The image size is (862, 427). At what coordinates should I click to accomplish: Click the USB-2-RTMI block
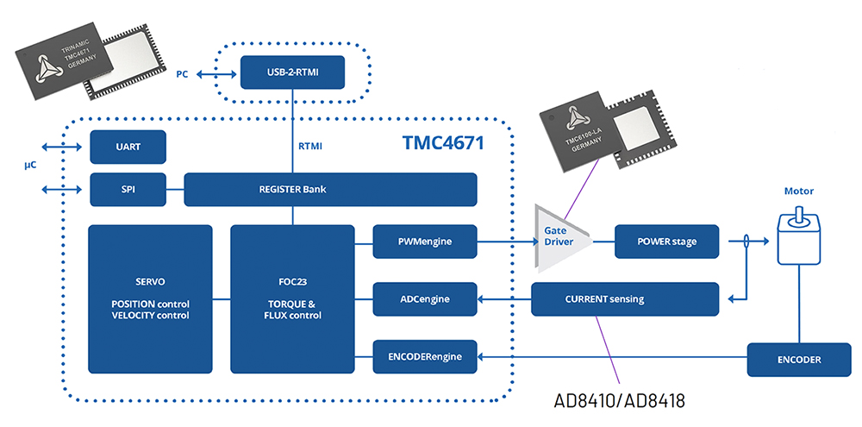[x=292, y=72]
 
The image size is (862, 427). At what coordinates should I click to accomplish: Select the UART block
[x=128, y=147]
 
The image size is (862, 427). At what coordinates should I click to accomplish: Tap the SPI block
[x=128, y=190]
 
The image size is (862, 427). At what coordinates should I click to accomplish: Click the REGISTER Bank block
[x=330, y=190]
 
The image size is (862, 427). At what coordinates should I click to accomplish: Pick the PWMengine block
[x=424, y=242]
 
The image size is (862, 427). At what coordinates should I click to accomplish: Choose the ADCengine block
[x=424, y=299]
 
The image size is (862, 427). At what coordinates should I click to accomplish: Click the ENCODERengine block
[x=424, y=357]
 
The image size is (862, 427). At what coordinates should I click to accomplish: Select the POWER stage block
[x=666, y=242]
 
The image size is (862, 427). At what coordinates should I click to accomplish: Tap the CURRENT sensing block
[x=625, y=299]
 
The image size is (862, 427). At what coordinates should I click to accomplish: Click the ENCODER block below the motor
[x=799, y=360]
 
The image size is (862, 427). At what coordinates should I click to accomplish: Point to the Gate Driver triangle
[x=561, y=238]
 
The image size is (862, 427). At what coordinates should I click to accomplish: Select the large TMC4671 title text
[x=443, y=143]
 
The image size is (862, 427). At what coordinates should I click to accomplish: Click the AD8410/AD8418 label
[x=618, y=401]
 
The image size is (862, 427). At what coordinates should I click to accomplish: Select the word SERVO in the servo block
[x=150, y=282]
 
